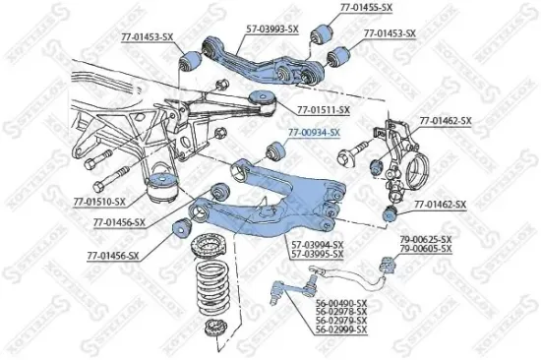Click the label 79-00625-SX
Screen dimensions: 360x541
425,240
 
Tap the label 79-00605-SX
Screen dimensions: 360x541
425,250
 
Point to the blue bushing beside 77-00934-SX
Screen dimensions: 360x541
277,150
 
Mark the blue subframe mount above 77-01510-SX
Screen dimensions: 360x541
161,188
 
